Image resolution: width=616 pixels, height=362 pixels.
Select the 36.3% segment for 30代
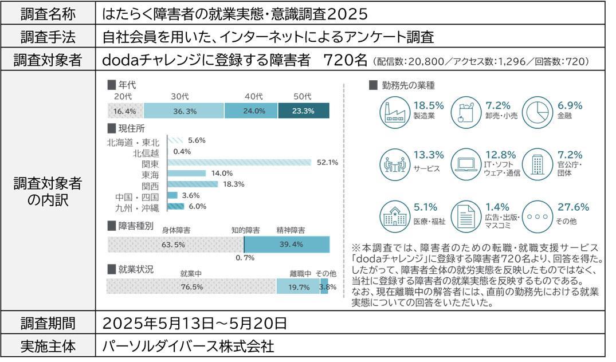pos(183,111)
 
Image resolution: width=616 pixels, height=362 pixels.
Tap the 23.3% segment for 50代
pos(303,111)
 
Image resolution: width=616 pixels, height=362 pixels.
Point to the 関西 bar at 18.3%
pos(193,184)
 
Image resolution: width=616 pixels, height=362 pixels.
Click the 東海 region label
pos(151,174)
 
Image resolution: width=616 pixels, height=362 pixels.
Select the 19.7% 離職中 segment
pos(299,286)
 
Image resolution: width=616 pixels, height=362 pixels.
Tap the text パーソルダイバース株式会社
pos(188,346)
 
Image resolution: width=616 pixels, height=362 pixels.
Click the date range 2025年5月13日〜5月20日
pos(194,322)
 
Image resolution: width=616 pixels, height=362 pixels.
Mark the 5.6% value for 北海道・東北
pos(197,140)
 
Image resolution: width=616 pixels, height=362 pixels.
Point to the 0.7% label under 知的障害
pos(245,258)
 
